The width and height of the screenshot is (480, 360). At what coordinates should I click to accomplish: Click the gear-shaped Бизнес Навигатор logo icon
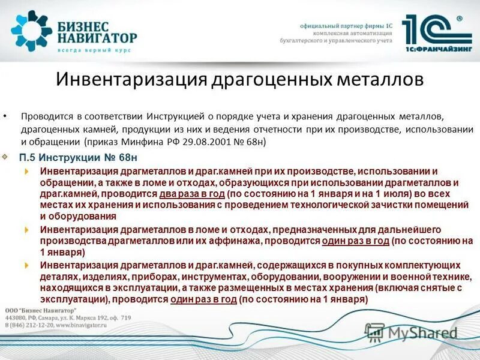32,30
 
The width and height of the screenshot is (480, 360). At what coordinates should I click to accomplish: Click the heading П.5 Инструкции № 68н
78,158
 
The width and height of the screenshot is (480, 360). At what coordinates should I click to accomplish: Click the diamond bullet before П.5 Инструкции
5,157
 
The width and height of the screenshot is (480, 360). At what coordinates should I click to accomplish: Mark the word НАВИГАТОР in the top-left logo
98,38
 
